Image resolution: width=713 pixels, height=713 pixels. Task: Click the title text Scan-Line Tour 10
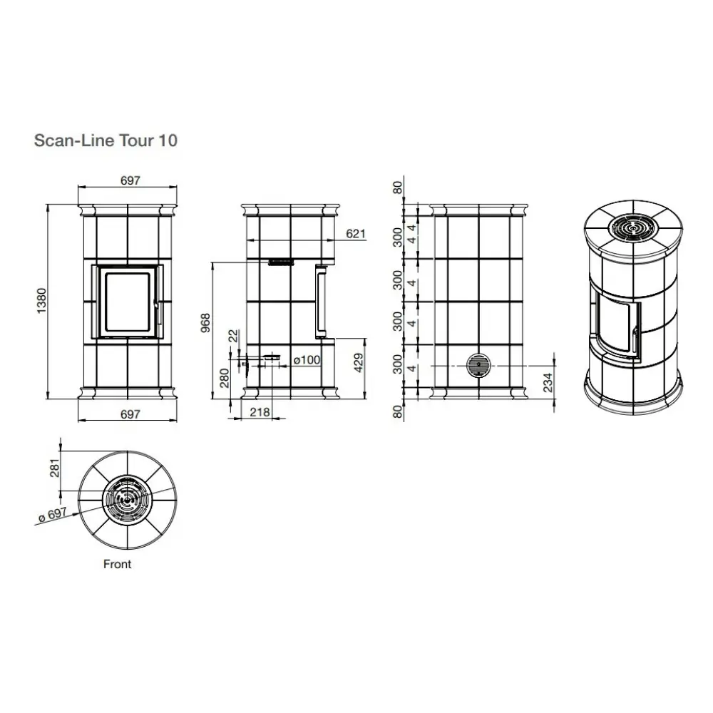(106, 140)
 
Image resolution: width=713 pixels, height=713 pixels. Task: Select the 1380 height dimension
(41, 301)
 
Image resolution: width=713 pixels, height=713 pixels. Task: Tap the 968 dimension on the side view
(205, 323)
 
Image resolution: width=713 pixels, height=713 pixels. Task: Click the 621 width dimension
(356, 234)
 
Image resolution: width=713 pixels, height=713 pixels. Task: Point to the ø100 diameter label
(307, 360)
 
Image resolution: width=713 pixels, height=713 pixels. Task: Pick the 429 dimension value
(359, 363)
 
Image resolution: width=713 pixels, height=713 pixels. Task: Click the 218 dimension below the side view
(260, 412)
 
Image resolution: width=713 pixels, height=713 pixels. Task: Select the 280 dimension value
(225, 379)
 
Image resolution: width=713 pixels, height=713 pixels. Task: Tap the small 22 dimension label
(233, 337)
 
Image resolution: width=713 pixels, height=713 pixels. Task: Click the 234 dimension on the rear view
(548, 382)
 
